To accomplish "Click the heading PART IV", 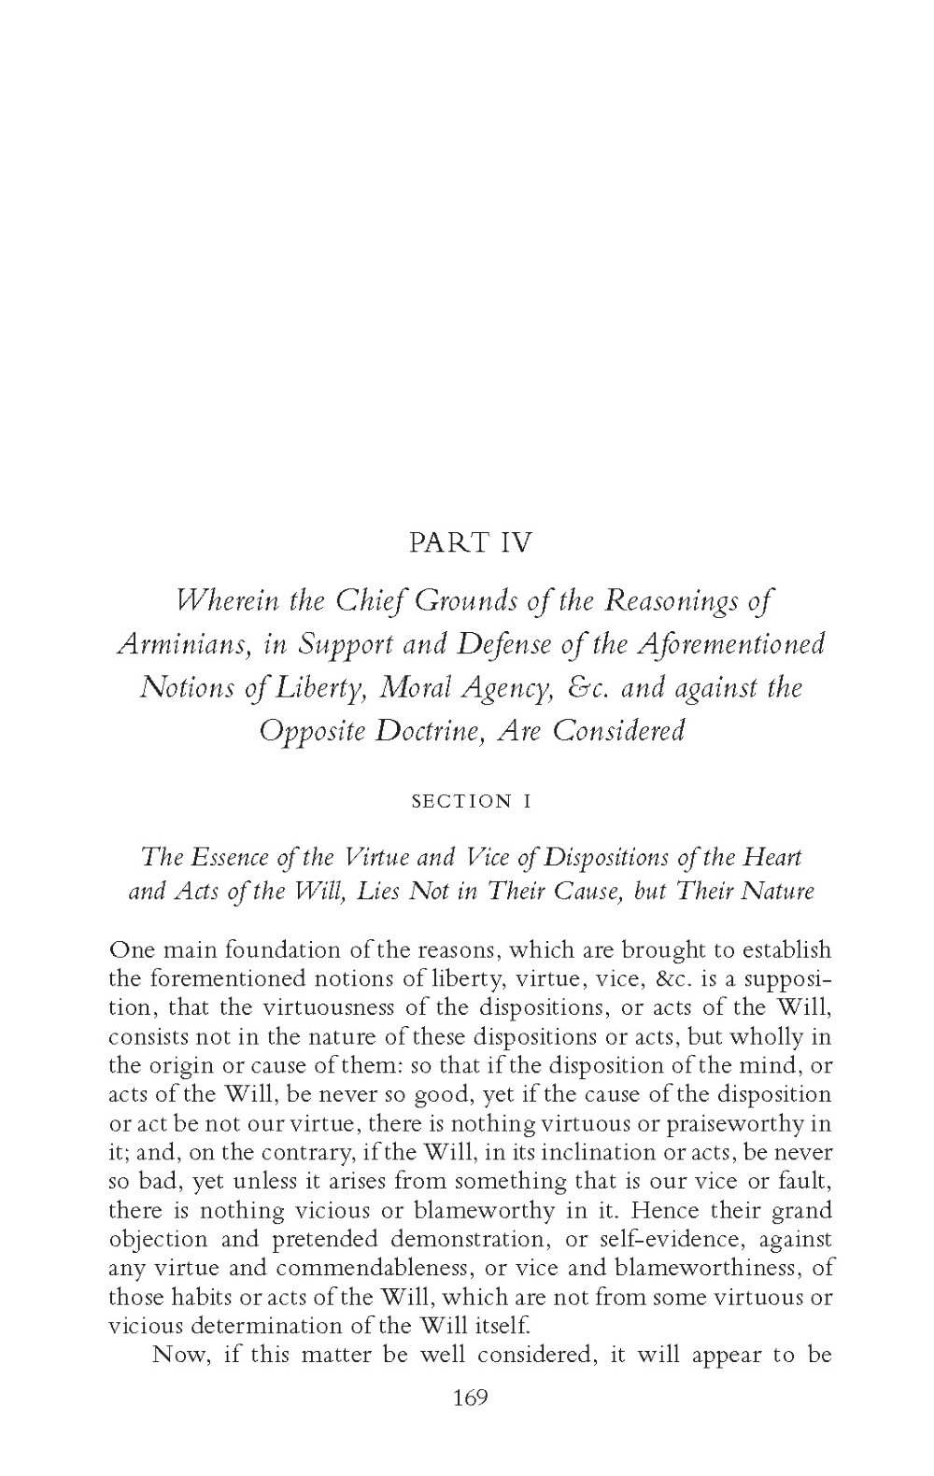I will tap(470, 543).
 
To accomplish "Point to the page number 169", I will tap(470, 1398).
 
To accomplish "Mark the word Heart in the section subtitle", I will tap(775, 856).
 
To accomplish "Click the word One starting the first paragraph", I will tap(129, 950).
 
